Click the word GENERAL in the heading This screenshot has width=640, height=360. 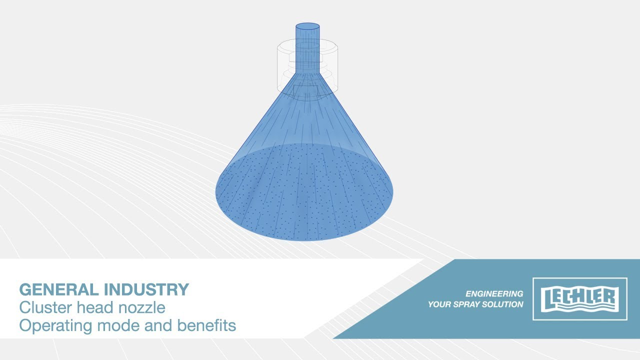coord(59,289)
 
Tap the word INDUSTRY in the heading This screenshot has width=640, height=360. coord(146,289)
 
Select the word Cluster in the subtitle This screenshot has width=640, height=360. coord(45,307)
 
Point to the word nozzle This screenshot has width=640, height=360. coord(141,308)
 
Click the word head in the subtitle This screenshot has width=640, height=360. coord(95,307)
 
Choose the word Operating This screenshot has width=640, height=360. coord(55,326)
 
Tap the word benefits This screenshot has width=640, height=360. coord(206,325)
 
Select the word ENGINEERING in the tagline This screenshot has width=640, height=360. coord(494,293)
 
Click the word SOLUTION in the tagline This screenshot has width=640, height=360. coord(502,304)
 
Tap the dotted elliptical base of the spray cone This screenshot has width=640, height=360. coord(304,192)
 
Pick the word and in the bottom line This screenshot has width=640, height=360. coord(158,325)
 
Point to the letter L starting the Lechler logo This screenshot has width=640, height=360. coord(546,299)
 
